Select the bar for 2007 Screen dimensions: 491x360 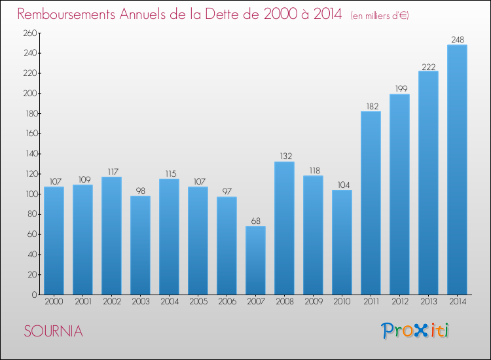click(255, 260)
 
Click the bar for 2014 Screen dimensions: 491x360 click(457, 170)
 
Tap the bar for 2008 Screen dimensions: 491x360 click(284, 228)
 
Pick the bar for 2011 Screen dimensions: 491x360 click(371, 203)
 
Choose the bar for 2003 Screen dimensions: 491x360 click(140, 245)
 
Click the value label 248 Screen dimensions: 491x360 click(458, 40)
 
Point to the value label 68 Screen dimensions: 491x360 click(256, 221)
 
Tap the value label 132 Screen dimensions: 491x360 click(285, 156)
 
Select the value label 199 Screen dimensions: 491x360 click(401, 89)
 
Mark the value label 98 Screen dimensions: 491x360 click(141, 191)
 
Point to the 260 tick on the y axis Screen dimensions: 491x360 click(30, 33)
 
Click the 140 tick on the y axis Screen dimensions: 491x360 click(31, 154)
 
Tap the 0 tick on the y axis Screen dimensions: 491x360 click(35, 295)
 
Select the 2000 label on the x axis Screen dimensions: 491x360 click(54, 302)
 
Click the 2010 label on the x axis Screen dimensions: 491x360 click(342, 302)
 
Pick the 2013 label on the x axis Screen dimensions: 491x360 click(428, 302)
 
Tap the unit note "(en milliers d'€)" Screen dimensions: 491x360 click(380, 16)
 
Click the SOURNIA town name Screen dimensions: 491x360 click(53, 331)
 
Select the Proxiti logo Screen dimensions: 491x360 click(415, 331)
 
